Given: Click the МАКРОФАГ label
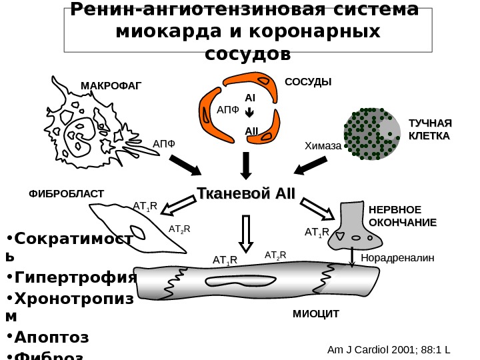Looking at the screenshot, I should pyautogui.click(x=111, y=85).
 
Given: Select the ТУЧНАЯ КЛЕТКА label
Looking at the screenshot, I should pyautogui.click(x=429, y=129).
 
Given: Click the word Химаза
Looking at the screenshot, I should pyautogui.click(x=323, y=145).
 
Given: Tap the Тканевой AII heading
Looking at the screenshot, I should pyautogui.click(x=245, y=193).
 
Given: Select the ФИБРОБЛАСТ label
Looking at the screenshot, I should pyautogui.click(x=66, y=193).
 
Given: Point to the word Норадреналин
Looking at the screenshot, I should pyautogui.click(x=397, y=257).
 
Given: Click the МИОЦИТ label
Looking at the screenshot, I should pyautogui.click(x=316, y=313).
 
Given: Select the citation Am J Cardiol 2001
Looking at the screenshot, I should pyautogui.click(x=390, y=349).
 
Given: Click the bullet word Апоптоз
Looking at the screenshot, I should pyautogui.click(x=51, y=336).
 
